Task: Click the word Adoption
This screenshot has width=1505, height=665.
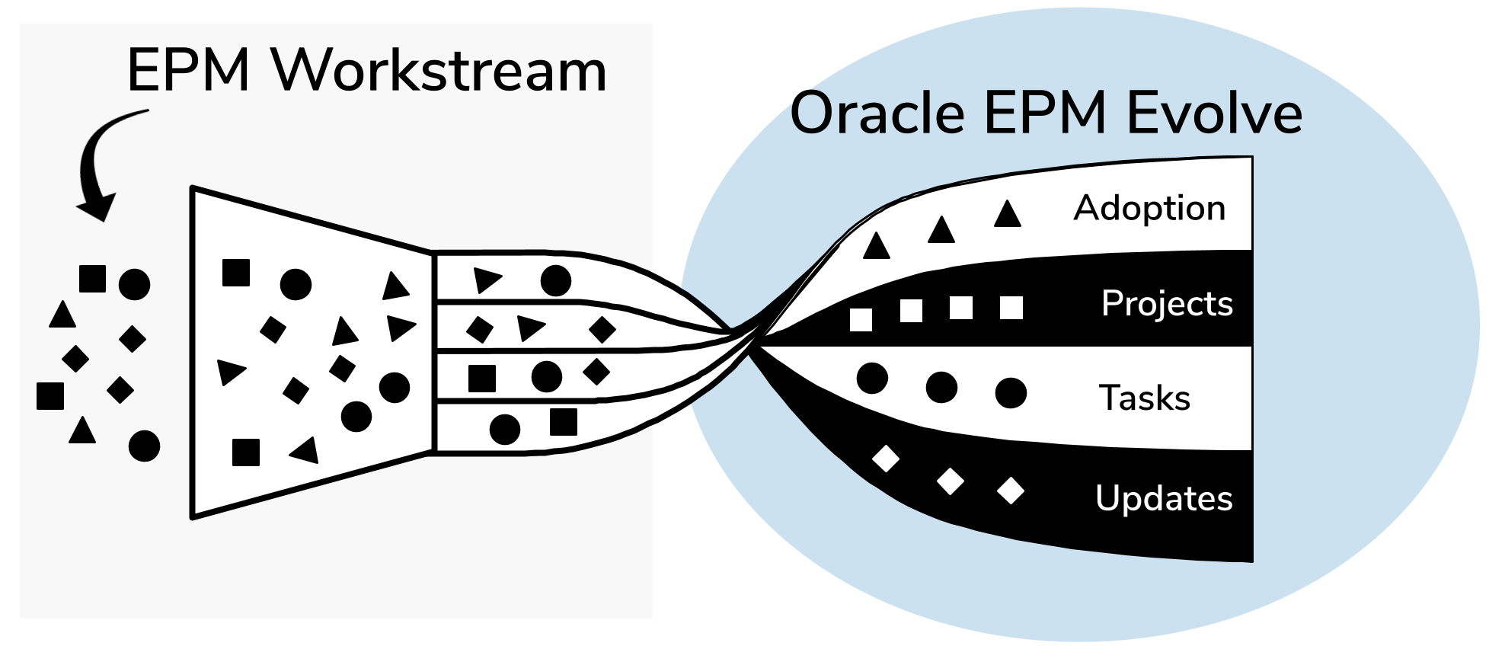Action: [x=1149, y=209]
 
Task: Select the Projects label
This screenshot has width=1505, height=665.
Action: [x=1167, y=304]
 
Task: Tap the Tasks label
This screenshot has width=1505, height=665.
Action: [x=1145, y=398]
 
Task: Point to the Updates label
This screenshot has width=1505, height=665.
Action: [x=1164, y=499]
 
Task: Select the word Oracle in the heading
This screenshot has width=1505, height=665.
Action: [x=878, y=113]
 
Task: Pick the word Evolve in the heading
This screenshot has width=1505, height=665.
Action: [x=1215, y=113]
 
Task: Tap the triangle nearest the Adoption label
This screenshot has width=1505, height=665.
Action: [x=1008, y=213]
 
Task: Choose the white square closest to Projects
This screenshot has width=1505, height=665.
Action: [x=1011, y=308]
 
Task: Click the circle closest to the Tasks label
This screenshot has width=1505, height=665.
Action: [x=1011, y=393]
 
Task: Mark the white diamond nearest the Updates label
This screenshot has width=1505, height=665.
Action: [x=1011, y=491]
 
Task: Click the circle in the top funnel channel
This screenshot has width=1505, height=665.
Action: [x=556, y=281]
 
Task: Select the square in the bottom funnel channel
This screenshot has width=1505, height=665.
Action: [x=564, y=422]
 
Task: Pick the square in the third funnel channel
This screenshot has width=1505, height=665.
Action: [x=482, y=379]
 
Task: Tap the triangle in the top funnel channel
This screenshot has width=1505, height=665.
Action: [x=487, y=280]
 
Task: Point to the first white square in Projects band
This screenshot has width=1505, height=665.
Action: [x=861, y=320]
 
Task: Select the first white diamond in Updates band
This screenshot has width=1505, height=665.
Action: [x=886, y=459]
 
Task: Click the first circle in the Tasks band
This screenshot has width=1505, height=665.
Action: [x=872, y=378]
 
